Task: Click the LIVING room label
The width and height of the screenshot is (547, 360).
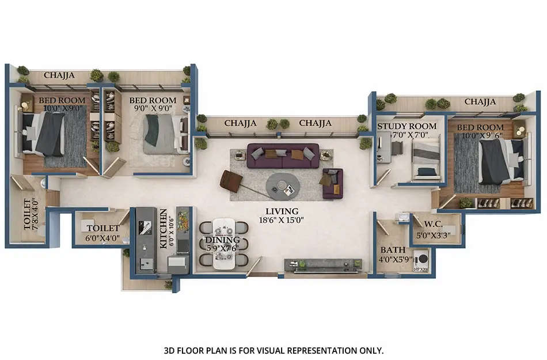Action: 282,211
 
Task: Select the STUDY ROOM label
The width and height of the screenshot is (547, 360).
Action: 407,126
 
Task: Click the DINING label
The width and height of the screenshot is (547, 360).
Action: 219,240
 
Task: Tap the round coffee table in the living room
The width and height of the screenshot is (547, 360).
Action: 283,184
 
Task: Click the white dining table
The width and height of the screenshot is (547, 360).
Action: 224,243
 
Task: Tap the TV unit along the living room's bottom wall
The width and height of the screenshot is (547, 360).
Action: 323,264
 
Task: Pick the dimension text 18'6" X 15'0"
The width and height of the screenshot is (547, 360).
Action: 282,219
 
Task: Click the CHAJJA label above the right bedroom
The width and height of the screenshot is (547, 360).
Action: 480,102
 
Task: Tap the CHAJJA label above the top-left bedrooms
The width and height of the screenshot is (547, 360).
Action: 60,74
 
